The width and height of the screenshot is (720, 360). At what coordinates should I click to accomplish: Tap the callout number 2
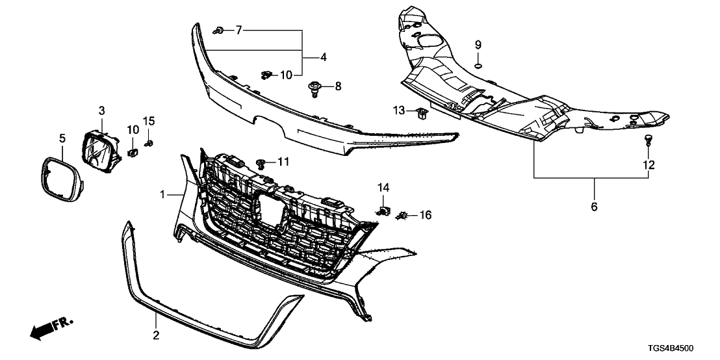tap(156, 335)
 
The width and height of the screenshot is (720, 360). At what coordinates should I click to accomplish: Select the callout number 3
tap(102, 111)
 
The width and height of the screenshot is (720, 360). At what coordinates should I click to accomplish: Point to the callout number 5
tap(62, 138)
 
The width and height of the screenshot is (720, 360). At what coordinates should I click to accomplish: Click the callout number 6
tap(594, 207)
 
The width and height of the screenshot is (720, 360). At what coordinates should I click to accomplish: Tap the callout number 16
tap(425, 214)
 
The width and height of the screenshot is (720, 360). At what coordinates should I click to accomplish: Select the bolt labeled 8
tap(316, 87)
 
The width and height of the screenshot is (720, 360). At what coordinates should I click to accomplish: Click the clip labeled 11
tap(262, 162)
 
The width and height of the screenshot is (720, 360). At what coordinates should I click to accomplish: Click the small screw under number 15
tap(149, 142)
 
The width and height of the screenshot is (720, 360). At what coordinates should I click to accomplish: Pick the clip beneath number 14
tap(383, 211)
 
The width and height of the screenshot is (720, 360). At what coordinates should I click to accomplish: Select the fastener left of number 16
tap(404, 214)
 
